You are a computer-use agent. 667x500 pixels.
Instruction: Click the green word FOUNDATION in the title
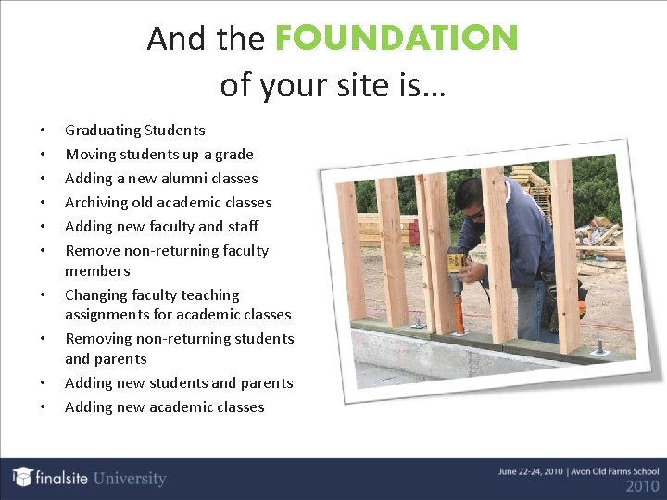pos(396,38)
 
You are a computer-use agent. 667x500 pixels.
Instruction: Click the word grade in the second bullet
pos(233,155)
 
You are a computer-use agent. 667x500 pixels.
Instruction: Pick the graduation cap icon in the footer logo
pos(23,477)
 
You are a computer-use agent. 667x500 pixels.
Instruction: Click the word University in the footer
pos(128,479)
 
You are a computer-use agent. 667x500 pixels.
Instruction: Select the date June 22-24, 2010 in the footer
pos(527,471)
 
